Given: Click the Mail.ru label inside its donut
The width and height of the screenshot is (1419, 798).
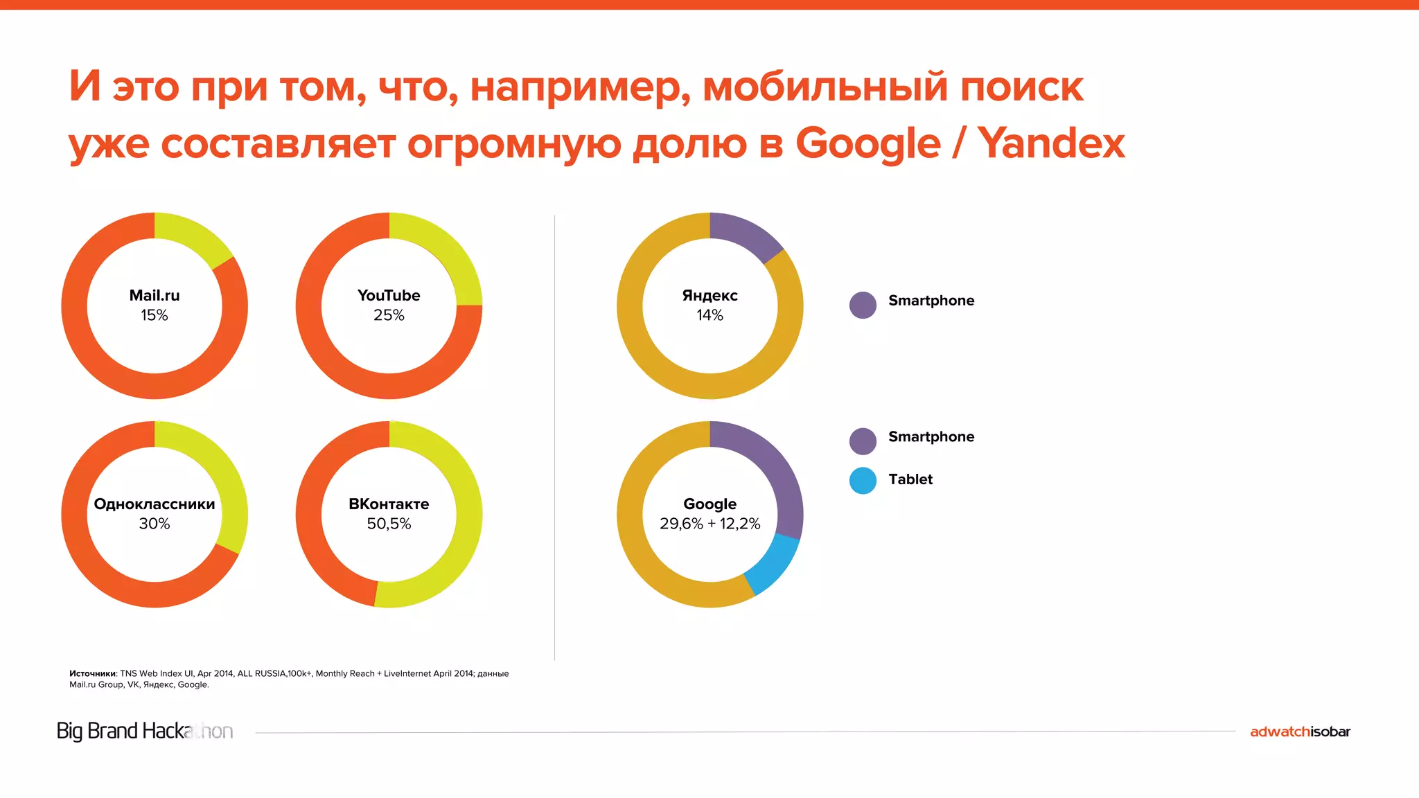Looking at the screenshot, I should pos(155,295).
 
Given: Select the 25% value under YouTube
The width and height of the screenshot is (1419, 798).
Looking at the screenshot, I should pos(389,315).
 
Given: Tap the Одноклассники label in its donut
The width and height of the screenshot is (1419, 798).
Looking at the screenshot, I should pos(155,504).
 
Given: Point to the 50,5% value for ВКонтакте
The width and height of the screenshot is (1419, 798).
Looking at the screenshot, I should pos(389,524).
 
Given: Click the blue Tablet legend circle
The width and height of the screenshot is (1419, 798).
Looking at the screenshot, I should pos(863,481).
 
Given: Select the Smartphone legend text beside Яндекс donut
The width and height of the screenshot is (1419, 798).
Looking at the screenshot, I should pos(931,301).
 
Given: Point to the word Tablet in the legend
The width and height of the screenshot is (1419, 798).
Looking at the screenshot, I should pos(910,479).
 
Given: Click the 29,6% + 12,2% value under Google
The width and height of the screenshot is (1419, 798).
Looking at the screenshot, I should pos(709,524).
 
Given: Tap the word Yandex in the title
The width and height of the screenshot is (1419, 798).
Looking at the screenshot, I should pos(1051,143).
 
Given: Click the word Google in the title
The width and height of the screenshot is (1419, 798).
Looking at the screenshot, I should pos(867,143).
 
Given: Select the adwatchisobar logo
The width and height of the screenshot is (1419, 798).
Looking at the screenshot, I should pos(1300,731).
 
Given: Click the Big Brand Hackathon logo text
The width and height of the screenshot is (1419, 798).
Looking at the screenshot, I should pos(144,731).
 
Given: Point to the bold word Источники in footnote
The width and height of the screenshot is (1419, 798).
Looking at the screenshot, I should pos(92,673).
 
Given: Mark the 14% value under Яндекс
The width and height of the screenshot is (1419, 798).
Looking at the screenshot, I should pos(709,315).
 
